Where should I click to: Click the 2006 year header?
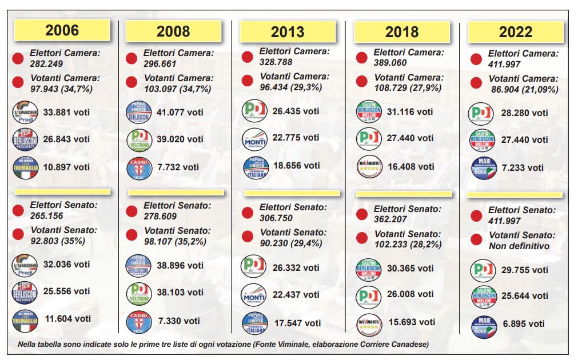tap(62, 30)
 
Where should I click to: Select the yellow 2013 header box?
tap(288, 32)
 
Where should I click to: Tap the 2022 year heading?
tap(515, 32)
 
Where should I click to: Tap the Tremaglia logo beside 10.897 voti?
tap(25, 167)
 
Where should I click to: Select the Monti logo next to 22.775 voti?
tap(255, 138)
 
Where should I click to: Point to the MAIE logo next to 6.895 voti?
tap(483, 324)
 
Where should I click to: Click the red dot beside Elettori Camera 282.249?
tap(18, 58)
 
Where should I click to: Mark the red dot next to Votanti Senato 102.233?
tap(362, 238)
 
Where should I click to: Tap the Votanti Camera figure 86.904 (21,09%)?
tap(524, 90)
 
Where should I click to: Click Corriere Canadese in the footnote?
tap(392, 344)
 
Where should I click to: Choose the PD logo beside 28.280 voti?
tap(482, 113)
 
